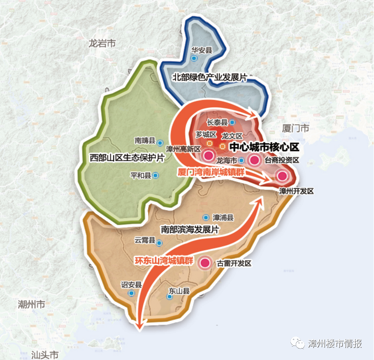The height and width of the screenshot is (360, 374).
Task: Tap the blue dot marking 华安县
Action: pos(195,58)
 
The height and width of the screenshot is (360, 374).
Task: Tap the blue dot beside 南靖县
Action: pos(160,141)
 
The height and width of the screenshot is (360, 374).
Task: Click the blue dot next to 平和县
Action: pos(156,175)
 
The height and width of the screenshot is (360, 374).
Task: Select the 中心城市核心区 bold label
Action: pos(264,147)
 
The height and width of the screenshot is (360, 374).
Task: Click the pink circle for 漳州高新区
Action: pos(209,156)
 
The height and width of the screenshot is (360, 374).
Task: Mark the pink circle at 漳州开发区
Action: pos(282,176)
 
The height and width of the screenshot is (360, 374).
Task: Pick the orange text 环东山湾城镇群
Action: pos(164,260)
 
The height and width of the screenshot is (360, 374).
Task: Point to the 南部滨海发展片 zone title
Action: pos(189,230)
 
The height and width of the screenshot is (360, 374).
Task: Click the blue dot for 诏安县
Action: pos(131,293)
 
